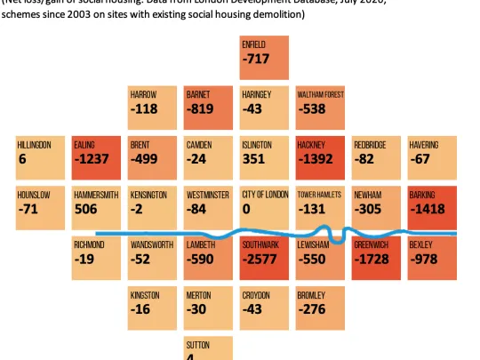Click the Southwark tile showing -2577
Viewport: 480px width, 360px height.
tap(264, 259)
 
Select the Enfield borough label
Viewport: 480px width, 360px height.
tap(253, 44)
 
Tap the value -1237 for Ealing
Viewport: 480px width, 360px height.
tap(96, 160)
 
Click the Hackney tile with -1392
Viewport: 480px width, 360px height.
tap(320, 160)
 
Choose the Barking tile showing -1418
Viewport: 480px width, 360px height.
tap(431, 210)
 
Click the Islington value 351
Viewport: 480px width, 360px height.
tap(255, 160)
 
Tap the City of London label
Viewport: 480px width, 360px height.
tap(264, 194)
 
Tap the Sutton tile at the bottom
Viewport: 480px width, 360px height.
tap(208, 348)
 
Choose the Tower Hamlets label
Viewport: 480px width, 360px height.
tap(321, 194)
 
